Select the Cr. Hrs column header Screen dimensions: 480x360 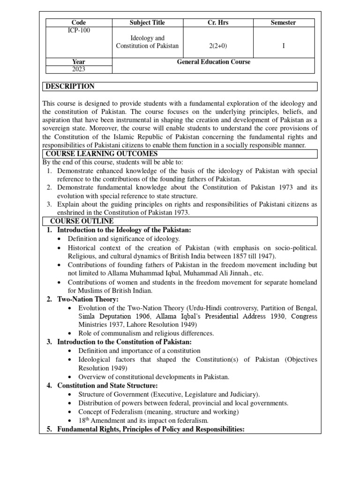tap(218, 22)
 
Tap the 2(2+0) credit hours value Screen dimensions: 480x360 tap(218, 45)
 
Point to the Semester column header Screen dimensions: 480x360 tap(284, 22)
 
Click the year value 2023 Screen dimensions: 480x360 tap(79, 69)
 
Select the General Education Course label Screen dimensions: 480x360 tap(214, 62)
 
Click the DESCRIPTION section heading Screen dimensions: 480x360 tap(70, 86)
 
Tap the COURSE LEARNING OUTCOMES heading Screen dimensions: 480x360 tap(101, 154)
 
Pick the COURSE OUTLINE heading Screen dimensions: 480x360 tap(82, 221)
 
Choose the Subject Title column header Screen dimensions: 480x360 tap(147, 22)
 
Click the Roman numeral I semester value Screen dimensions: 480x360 tap(284, 45)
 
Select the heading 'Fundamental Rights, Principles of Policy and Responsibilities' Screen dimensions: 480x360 tap(150, 429)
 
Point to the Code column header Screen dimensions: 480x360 tap(79, 22)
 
